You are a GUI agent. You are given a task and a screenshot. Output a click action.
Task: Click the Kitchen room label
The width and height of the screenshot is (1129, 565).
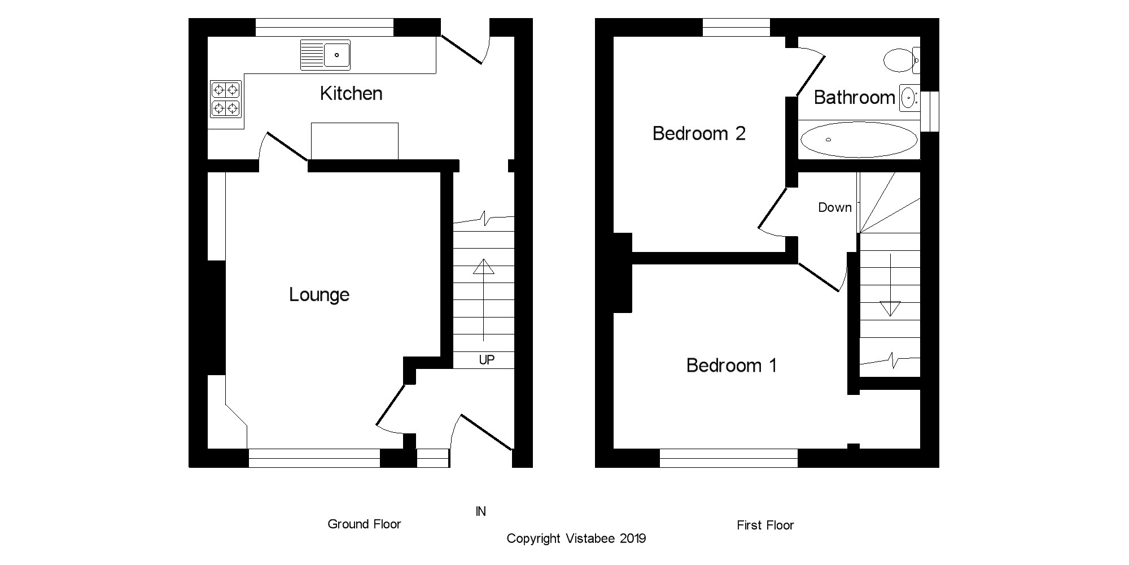tap(351, 94)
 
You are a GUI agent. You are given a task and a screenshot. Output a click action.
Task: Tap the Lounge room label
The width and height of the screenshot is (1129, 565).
tap(319, 295)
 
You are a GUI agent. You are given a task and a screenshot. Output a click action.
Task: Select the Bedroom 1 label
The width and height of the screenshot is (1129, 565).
tap(731, 366)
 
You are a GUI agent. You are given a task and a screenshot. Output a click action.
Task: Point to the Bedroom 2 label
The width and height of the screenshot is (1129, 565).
tap(698, 134)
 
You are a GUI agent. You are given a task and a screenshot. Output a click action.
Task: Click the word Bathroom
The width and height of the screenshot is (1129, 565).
tap(854, 98)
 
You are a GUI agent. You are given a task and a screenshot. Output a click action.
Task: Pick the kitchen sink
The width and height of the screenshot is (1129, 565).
tap(326, 55)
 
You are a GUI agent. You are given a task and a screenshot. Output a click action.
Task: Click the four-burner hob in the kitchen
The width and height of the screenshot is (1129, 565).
tap(226, 99)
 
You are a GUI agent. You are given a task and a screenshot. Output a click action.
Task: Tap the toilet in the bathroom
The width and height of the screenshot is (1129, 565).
tap(901, 60)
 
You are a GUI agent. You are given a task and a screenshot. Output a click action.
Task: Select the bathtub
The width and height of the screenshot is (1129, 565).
tap(859, 140)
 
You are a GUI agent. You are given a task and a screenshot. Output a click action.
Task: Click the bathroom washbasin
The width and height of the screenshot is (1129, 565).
tap(908, 98)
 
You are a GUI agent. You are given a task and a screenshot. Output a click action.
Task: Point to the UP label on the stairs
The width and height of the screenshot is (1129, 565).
tap(487, 360)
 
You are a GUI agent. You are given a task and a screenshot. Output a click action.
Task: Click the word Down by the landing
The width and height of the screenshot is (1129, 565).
tap(834, 208)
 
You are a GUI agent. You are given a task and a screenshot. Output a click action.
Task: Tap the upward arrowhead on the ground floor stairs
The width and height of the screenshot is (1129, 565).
tap(484, 266)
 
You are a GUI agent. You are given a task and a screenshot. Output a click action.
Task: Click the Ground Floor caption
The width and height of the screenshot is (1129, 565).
tap(364, 524)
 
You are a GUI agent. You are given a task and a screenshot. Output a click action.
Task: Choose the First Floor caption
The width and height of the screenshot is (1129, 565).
tap(765, 525)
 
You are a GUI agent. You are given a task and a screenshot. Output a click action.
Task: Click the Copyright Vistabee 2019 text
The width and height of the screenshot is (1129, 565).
tap(576, 538)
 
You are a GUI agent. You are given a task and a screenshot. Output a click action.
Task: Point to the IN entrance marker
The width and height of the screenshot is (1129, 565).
tap(480, 511)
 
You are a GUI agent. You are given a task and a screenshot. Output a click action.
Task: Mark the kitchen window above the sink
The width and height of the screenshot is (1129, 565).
tap(324, 27)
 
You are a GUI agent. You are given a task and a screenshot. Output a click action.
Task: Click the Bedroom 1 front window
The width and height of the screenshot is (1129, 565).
tap(728, 458)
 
